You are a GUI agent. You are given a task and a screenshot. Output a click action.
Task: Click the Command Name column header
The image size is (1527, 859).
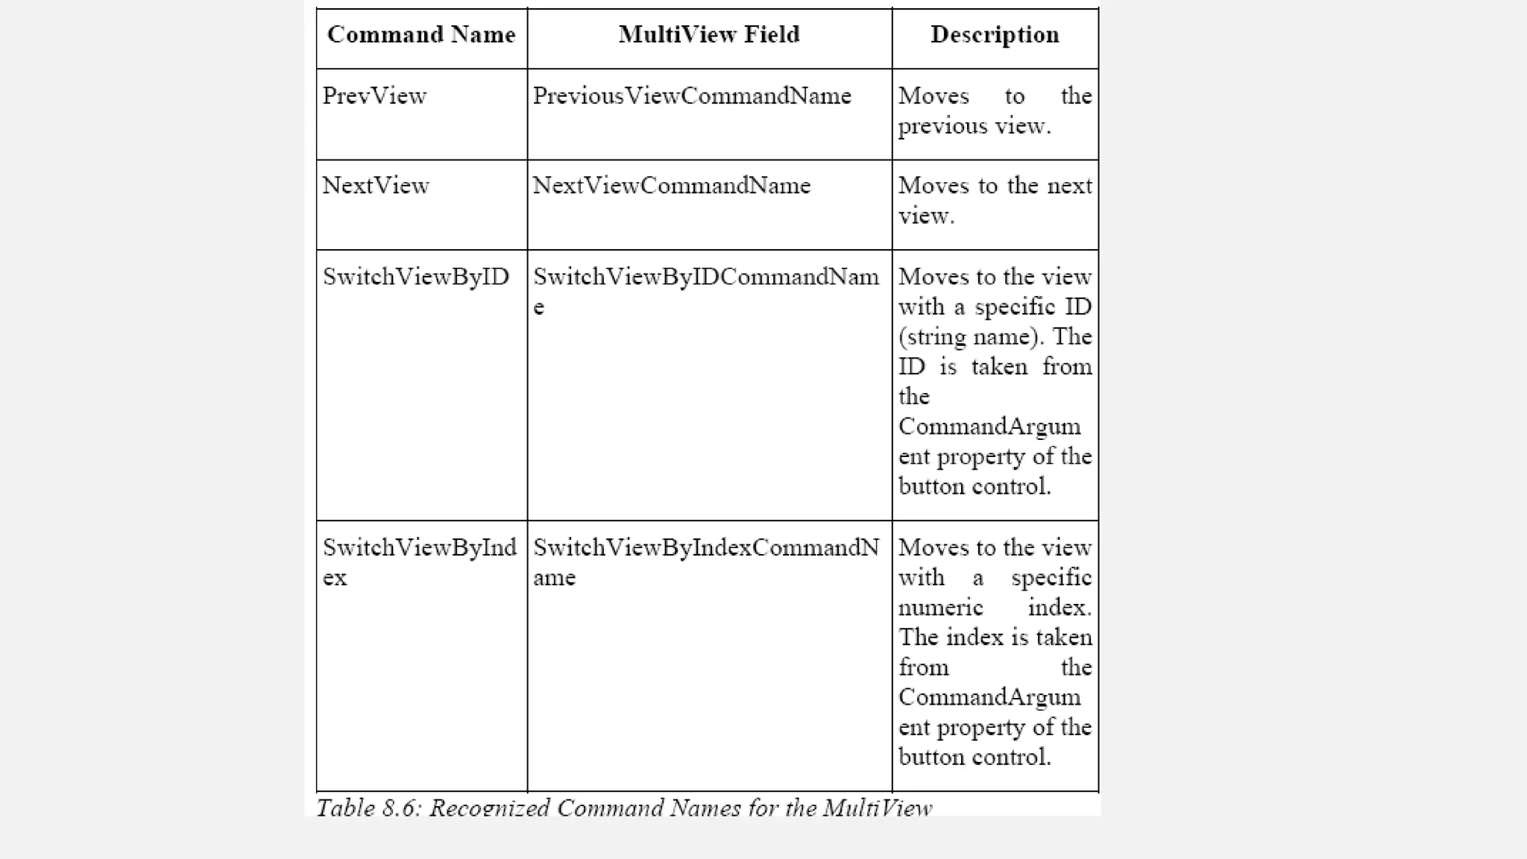[x=421, y=35]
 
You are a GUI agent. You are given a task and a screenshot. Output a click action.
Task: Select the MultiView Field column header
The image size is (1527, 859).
[x=708, y=35]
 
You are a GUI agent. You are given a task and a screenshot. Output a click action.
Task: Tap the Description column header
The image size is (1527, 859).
[x=995, y=35]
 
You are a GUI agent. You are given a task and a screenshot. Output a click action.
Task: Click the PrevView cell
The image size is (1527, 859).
[x=374, y=96]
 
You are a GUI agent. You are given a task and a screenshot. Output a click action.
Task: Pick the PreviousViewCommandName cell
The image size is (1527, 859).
[x=691, y=96]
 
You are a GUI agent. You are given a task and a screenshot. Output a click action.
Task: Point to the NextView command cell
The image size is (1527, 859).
[x=375, y=186]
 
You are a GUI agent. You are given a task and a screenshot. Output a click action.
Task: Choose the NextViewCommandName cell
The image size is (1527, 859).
[x=671, y=186]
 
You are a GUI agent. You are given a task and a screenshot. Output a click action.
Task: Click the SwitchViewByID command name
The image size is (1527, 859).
[x=415, y=277]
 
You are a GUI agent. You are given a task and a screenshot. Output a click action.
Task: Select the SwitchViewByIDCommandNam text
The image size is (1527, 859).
[x=705, y=277]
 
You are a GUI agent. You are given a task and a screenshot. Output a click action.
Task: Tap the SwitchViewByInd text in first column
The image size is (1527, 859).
[x=419, y=548]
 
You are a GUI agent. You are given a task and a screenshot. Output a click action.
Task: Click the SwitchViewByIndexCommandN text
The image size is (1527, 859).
[x=705, y=548]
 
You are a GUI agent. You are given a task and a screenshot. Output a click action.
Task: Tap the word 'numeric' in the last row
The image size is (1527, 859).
[x=940, y=608]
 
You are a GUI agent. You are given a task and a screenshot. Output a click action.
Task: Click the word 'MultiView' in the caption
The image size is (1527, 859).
[x=877, y=808]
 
